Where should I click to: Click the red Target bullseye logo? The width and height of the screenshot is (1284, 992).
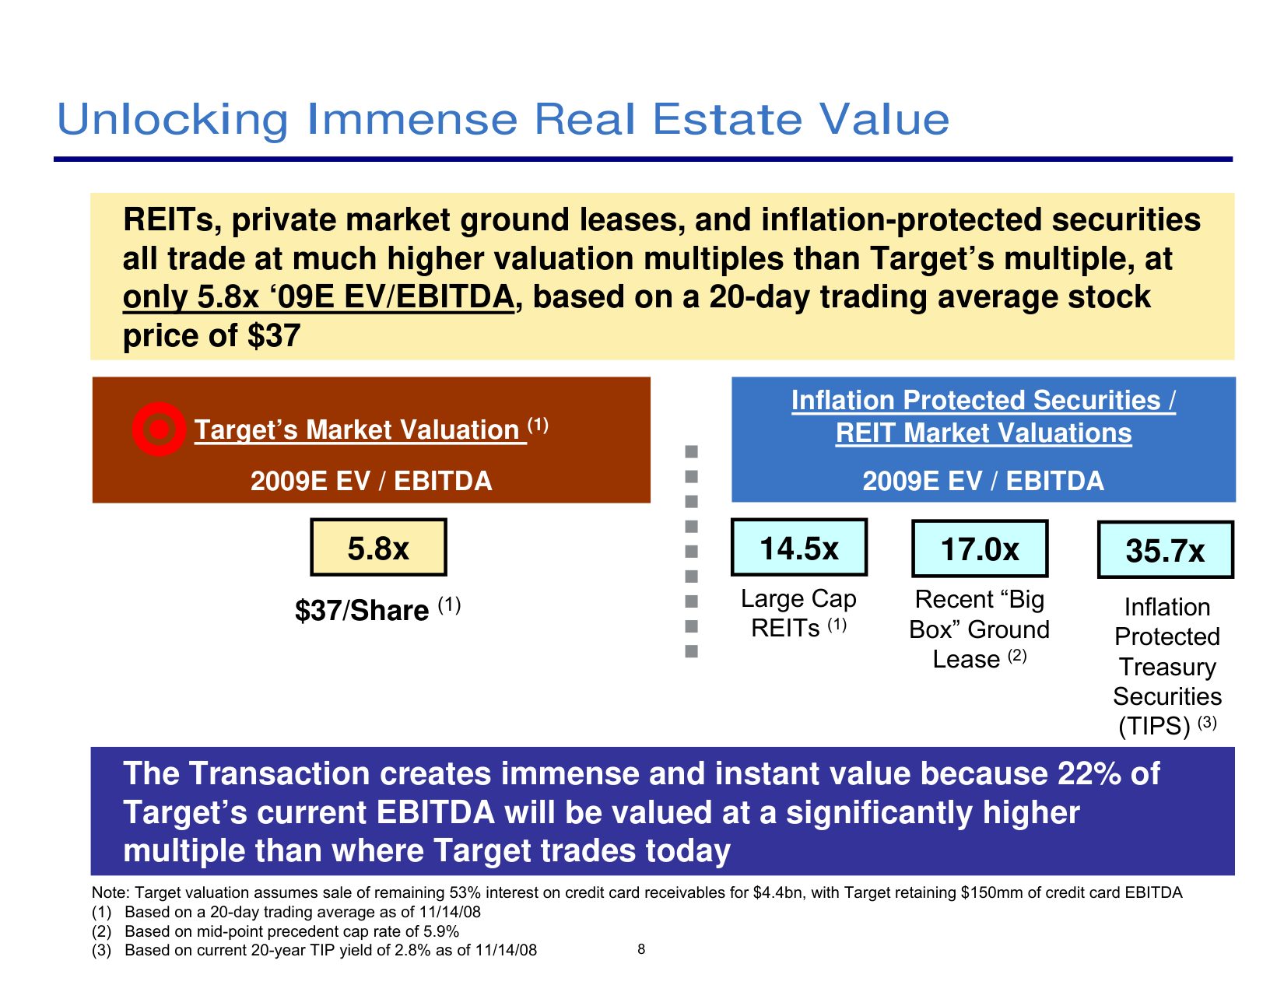tap(159, 429)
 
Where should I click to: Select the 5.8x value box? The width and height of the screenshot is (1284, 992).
tap(378, 548)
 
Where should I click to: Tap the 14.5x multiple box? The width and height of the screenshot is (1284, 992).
tap(799, 548)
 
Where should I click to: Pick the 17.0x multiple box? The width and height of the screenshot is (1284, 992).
tap(980, 549)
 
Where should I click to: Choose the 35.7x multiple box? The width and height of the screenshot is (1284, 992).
tap(1165, 550)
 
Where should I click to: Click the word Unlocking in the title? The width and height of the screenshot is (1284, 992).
tap(173, 120)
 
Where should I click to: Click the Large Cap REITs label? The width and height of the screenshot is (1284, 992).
tap(798, 613)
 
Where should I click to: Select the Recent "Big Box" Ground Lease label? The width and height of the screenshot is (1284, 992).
tap(980, 629)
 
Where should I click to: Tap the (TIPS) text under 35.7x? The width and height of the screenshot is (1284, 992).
tap(1154, 726)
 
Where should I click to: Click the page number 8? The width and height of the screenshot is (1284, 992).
tap(641, 948)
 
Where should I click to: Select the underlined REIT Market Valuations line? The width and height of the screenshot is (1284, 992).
tap(984, 433)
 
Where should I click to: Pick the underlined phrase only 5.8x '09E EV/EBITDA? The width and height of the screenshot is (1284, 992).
tap(318, 297)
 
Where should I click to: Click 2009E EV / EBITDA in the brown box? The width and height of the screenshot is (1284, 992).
tap(371, 481)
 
